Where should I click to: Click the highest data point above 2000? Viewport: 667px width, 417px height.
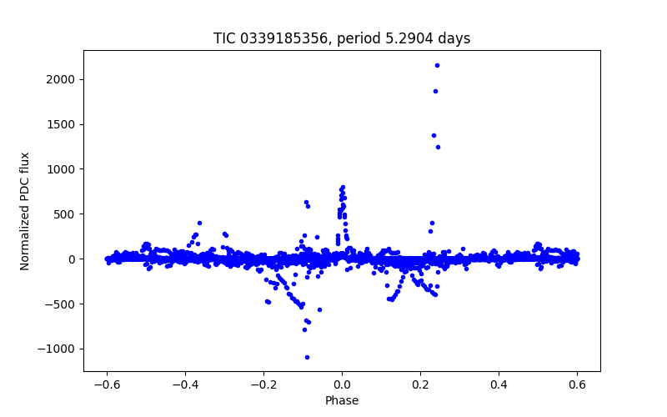(437, 65)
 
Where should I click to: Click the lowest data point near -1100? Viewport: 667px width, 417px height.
(307, 357)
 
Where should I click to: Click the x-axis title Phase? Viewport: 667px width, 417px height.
(342, 400)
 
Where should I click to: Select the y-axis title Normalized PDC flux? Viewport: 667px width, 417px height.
(25, 210)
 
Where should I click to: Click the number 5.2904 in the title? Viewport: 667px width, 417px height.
(414, 38)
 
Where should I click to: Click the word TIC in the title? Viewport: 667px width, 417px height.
(224, 38)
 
